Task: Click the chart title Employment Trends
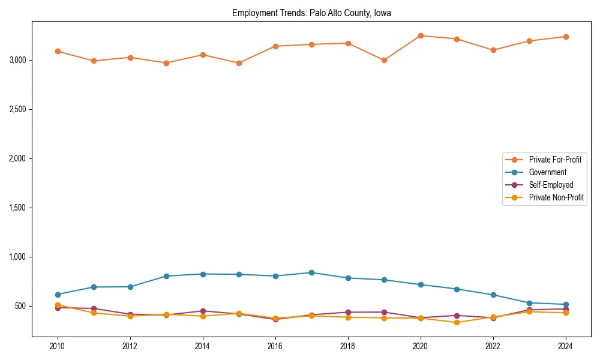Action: [x=311, y=13]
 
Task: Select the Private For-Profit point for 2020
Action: [x=421, y=35]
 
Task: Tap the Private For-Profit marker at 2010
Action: [x=58, y=51]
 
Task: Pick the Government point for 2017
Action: [x=311, y=272]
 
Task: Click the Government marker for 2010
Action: [x=58, y=295]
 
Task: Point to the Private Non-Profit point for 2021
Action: [x=457, y=322]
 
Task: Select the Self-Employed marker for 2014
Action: [x=203, y=311]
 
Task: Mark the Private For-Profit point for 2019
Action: [x=384, y=60]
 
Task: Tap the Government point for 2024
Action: [x=566, y=305]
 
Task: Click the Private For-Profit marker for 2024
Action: [x=566, y=37]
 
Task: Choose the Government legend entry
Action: [x=547, y=172]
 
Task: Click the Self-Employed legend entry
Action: [x=551, y=185]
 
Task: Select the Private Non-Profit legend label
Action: [x=556, y=197]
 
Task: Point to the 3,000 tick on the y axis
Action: [x=18, y=60]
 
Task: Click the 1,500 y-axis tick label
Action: [x=18, y=208]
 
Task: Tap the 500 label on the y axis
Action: [x=22, y=306]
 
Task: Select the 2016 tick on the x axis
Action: [x=275, y=346]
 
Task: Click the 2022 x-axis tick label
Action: [x=493, y=346]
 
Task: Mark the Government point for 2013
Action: [x=166, y=276]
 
